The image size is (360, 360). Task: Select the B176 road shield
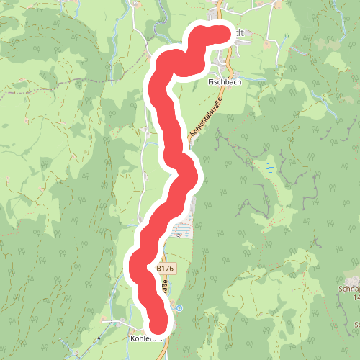[x=165, y=268]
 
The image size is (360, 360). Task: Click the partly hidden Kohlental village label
[x=143, y=336]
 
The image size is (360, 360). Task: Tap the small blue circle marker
[x=179, y=308]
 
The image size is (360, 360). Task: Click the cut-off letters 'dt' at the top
[x=241, y=33]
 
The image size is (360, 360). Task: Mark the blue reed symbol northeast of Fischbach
[x=286, y=35]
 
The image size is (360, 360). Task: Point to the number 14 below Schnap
[x=356, y=296]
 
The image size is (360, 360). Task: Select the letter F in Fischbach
[x=210, y=82]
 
